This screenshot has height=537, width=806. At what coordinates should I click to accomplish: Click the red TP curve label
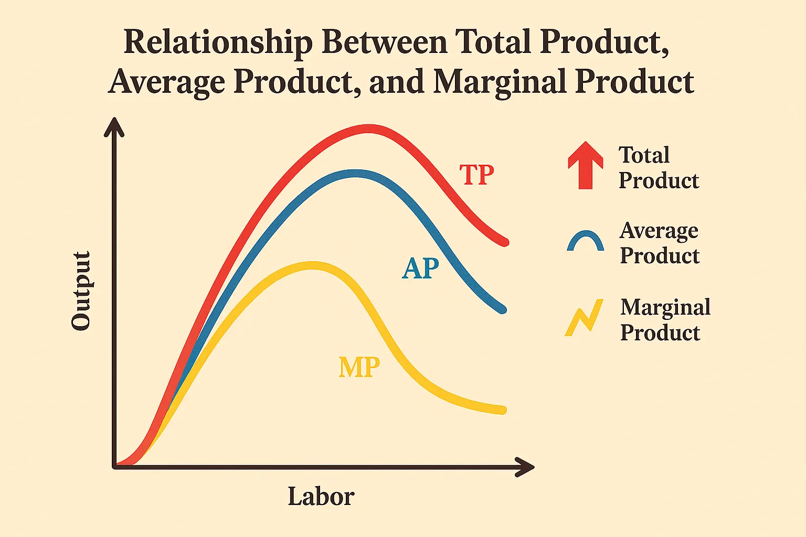pyautogui.click(x=476, y=175)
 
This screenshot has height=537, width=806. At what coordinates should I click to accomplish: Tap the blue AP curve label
pyautogui.click(x=420, y=268)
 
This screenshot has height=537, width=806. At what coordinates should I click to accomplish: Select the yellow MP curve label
pyautogui.click(x=359, y=367)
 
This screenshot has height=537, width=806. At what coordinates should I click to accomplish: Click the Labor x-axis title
pyautogui.click(x=321, y=496)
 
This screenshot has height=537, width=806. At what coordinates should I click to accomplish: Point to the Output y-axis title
pyautogui.click(x=81, y=291)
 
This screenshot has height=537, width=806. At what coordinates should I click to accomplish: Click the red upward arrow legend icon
pyautogui.click(x=586, y=165)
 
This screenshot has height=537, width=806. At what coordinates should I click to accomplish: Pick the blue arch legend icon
pyautogui.click(x=586, y=242)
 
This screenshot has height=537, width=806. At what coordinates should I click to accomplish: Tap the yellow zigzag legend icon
pyautogui.click(x=584, y=317)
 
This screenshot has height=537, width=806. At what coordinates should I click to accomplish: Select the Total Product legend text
pyautogui.click(x=659, y=168)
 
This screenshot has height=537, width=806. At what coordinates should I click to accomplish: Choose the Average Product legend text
pyautogui.click(x=660, y=243)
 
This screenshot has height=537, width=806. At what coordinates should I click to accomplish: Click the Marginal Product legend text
pyautogui.click(x=665, y=319)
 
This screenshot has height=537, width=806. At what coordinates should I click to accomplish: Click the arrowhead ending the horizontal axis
pyautogui.click(x=526, y=467)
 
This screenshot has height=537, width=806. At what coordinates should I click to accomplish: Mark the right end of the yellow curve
pyautogui.click(x=503, y=410)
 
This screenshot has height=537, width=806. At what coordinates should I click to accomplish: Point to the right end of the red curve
pyautogui.click(x=505, y=242)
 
